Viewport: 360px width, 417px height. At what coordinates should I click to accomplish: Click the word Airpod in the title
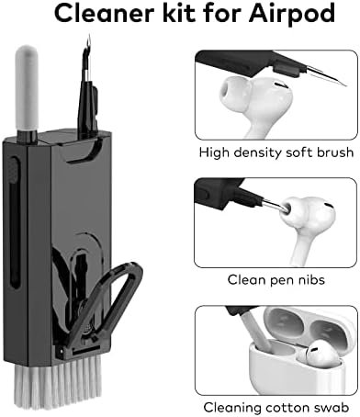tap(292, 15)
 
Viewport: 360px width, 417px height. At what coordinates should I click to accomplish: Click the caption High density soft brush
tap(276, 152)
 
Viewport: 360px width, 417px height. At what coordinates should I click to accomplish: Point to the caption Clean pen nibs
tap(276, 280)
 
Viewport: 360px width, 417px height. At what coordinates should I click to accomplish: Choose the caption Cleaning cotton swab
tap(276, 408)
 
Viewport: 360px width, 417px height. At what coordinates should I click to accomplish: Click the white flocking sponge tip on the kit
tap(27, 87)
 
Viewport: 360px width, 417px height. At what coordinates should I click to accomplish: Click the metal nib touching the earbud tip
tap(275, 204)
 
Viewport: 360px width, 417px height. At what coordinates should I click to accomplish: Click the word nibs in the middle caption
tap(309, 279)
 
